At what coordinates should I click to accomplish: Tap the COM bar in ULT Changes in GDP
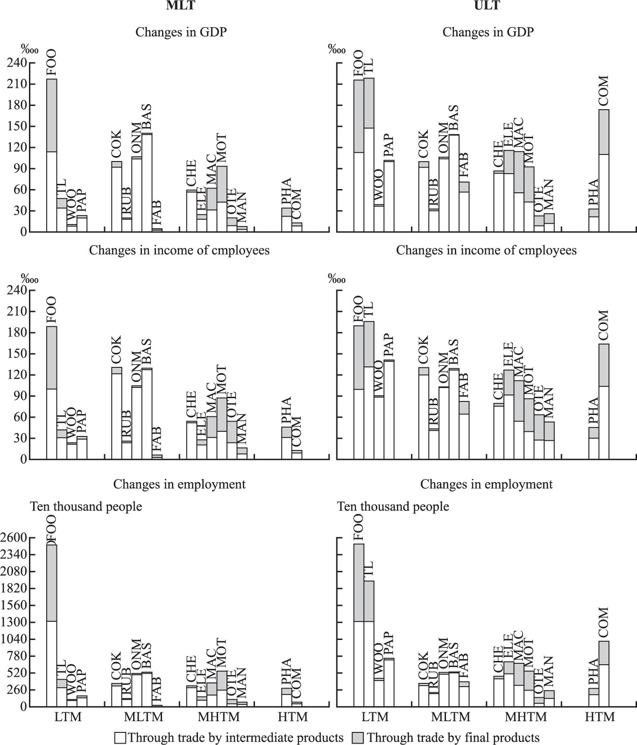point(604,171)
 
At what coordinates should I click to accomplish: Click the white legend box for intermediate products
point(120,738)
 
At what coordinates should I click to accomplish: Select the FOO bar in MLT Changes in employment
point(51,626)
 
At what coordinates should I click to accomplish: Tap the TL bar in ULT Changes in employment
point(369,643)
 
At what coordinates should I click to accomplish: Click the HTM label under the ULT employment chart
point(601,717)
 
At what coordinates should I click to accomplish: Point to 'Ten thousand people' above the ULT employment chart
point(393,506)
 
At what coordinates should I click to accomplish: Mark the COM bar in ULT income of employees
point(604,401)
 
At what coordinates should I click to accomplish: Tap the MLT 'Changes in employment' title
point(179,484)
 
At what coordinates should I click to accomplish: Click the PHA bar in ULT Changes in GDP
point(594,220)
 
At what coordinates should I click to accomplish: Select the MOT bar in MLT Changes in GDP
point(222,199)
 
